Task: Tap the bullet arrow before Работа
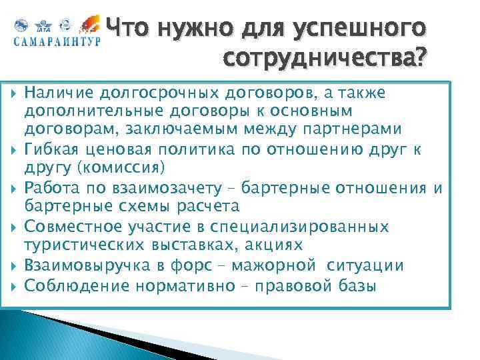click(x=14, y=189)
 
